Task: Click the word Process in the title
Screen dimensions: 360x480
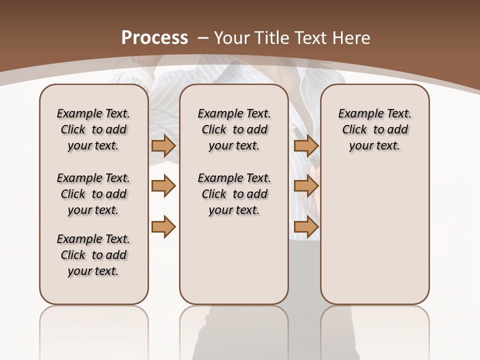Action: pos(154,37)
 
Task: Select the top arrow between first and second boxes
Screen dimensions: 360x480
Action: pos(163,146)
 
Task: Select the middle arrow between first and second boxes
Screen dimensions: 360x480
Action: pos(163,186)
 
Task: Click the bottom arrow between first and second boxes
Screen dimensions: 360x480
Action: pos(163,226)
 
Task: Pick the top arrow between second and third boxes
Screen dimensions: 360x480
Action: pos(306,146)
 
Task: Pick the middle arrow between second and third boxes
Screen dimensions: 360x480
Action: pos(306,186)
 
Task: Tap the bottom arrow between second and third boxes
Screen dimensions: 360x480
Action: pos(306,226)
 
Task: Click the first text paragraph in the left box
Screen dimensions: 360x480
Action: pos(93,129)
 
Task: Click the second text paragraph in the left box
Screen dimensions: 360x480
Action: pos(93,194)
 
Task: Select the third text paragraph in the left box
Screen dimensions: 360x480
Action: pos(93,255)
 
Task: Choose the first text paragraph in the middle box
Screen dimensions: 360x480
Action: pos(234,129)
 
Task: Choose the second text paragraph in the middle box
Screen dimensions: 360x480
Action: pos(234,194)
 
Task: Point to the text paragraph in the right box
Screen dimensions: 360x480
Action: pos(374,129)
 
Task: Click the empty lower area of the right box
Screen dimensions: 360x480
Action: pos(374,240)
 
